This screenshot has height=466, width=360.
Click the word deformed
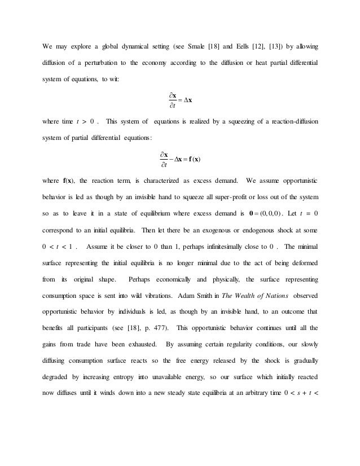click(x=300, y=262)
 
